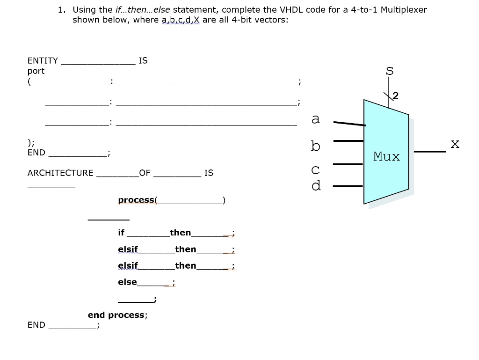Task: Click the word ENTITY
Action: point(43,60)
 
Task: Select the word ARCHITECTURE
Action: point(60,173)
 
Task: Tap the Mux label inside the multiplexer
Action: point(386,156)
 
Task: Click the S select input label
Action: point(389,71)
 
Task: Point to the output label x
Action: point(455,144)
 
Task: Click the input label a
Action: point(316,119)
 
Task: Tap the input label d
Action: point(316,185)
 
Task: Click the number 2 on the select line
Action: point(396,96)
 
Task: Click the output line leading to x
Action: point(430,152)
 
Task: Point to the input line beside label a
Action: point(349,124)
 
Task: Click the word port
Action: point(36,71)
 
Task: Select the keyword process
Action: point(136,200)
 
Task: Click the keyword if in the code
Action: point(122,233)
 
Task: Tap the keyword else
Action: point(127,282)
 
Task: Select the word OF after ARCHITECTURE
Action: point(145,173)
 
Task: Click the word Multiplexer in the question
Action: point(404,10)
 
